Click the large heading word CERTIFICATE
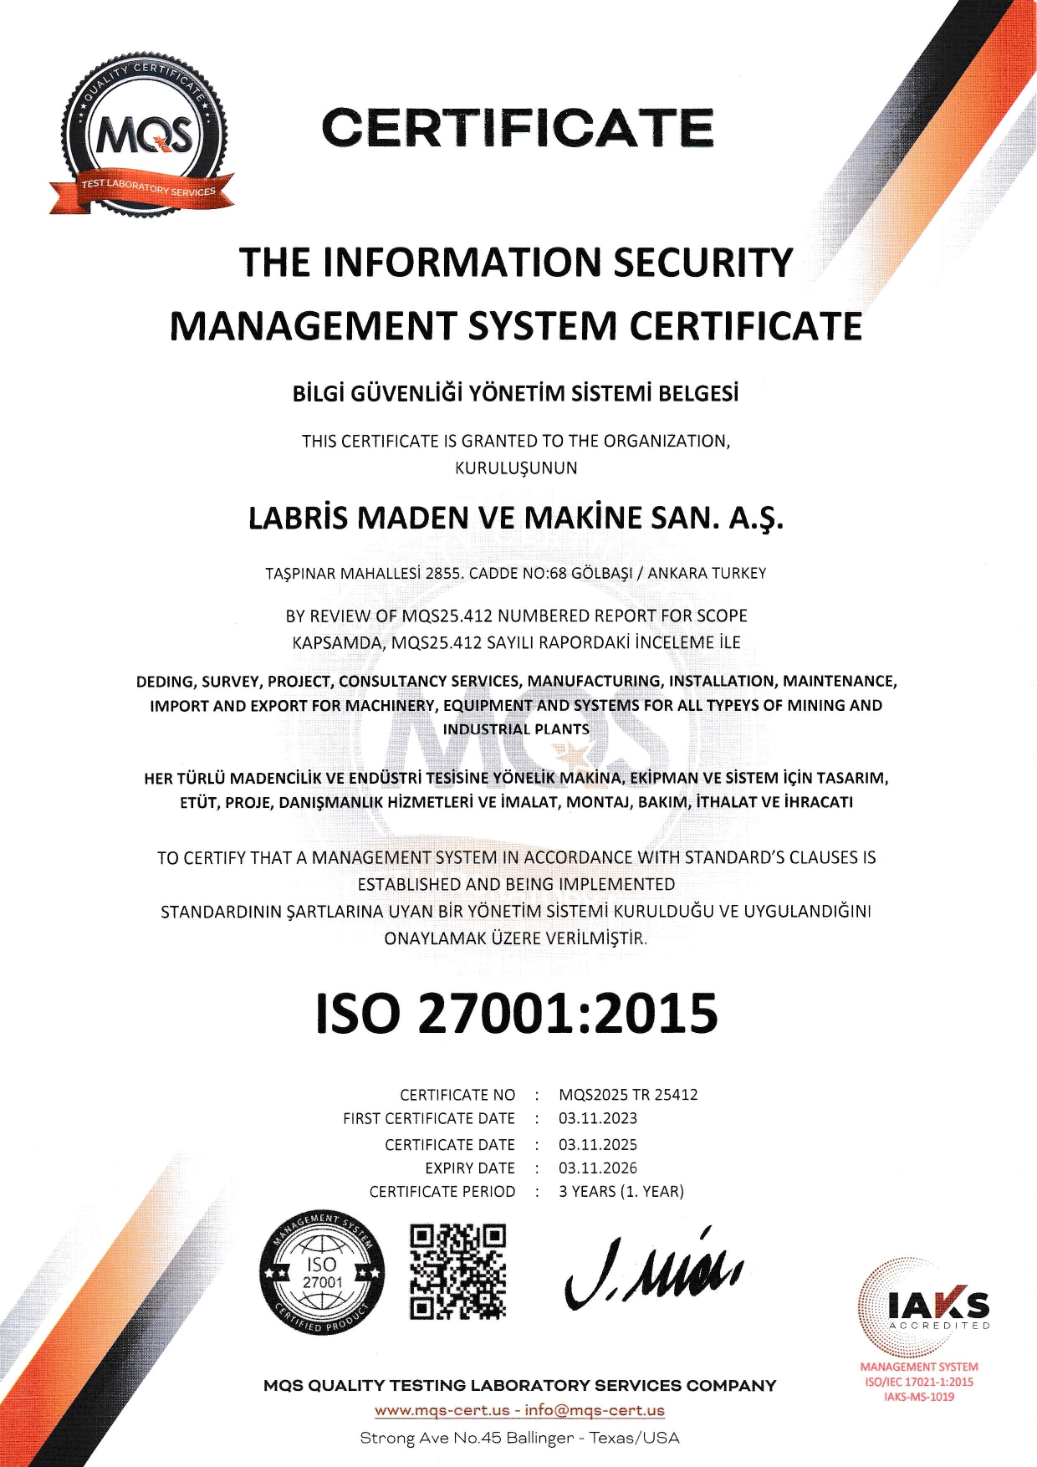pos(518,128)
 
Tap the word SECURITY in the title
pos(702,262)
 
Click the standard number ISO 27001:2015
pos(517,1013)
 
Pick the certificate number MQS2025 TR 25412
pos(628,1095)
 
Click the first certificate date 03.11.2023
pos(598,1119)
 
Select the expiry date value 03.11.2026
pos(598,1168)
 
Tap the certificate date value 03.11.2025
pos(598,1145)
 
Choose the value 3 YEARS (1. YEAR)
pos(621,1192)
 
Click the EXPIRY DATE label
pos(470,1168)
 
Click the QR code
pos(458,1272)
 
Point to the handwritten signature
pos(652,1271)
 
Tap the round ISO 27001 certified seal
pos(322,1272)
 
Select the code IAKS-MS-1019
pos(919,1397)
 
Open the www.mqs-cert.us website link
pos(442,1410)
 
